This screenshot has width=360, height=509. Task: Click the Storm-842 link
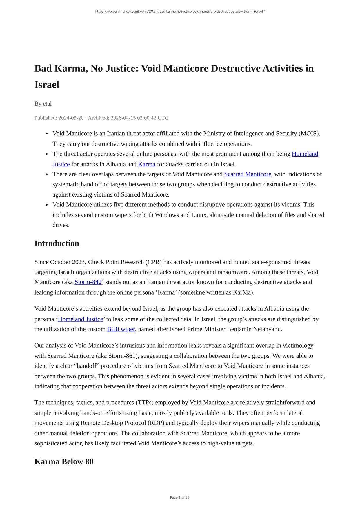coord(88,282)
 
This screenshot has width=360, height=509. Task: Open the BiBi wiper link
coord(121,329)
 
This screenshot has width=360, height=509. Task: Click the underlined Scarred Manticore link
coord(248,174)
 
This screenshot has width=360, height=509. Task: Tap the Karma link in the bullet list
coord(147,164)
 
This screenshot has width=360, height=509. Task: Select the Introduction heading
coord(57,243)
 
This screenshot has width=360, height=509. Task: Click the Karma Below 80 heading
coord(64,461)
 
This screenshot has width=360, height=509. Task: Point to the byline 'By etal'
coord(43,103)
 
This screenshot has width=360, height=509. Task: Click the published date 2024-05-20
coord(71,118)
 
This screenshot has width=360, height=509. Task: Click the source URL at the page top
coord(180,12)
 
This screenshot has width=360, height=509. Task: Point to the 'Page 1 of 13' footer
coord(180,497)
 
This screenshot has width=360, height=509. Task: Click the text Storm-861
coord(124,356)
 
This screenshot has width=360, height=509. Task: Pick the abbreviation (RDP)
coord(156,423)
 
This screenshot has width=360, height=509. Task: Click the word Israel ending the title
coord(47,85)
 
